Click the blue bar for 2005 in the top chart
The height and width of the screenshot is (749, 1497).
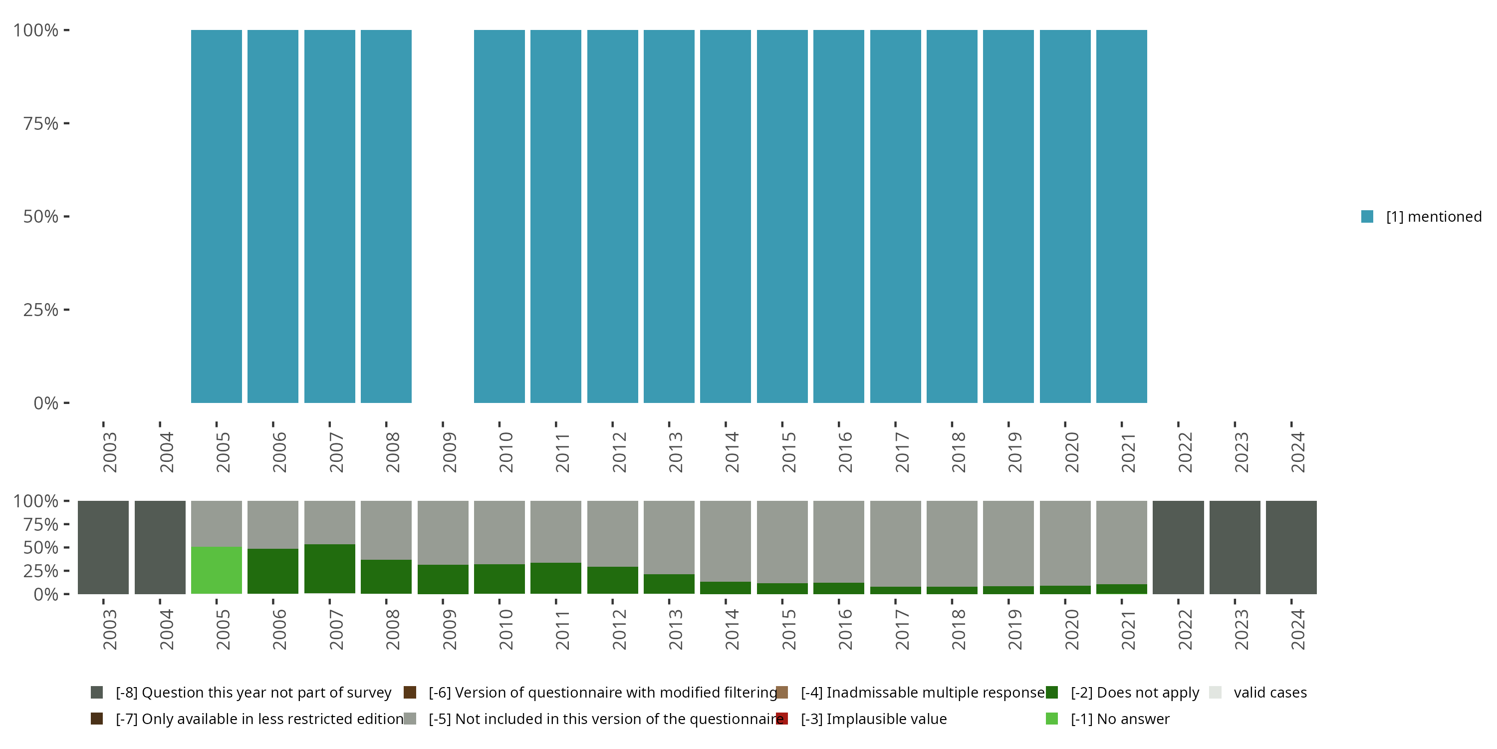pos(216,216)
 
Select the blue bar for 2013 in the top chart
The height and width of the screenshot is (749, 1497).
pos(669,216)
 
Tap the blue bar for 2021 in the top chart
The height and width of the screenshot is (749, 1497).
pos(1121,216)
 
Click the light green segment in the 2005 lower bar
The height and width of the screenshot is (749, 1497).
pos(216,570)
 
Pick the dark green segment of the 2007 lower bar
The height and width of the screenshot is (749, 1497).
pos(329,569)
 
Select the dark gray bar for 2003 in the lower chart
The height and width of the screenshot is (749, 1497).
pos(103,547)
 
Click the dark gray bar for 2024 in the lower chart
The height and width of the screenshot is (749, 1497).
pos(1291,547)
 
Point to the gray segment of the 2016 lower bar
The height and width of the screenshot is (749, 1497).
pos(839,541)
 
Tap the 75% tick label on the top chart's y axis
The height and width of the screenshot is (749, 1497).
pos(41,123)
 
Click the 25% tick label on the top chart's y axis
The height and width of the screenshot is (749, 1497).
pos(41,310)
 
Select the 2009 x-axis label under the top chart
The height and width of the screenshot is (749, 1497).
pos(449,452)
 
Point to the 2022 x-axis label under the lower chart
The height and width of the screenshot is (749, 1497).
pos(1184,629)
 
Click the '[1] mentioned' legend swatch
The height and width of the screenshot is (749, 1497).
pos(1367,216)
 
